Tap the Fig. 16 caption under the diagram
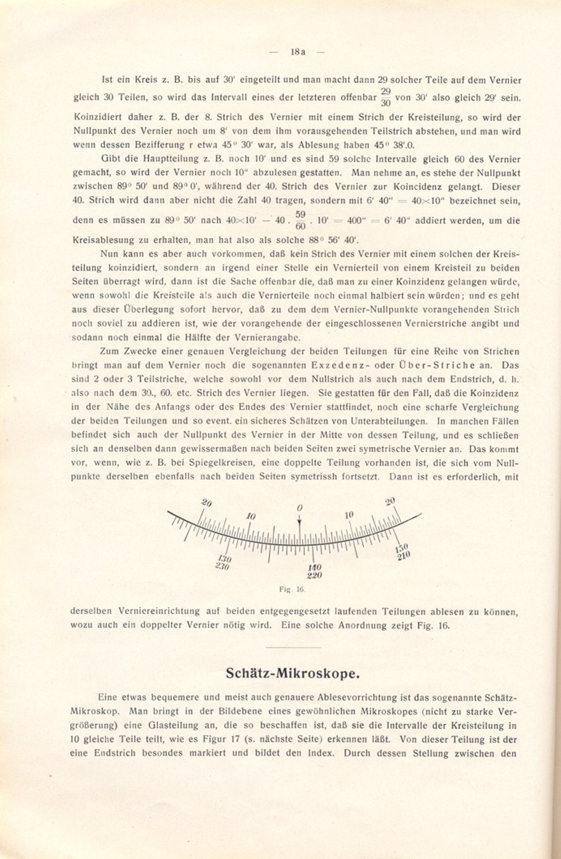tap(292, 590)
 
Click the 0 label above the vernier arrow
tap(300, 508)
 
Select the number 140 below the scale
tap(314, 568)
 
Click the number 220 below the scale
tap(314, 575)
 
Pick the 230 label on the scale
tap(222, 566)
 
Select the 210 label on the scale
tap(404, 555)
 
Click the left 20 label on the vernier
tap(207, 503)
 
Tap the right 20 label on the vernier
tap(390, 502)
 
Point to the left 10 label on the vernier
tap(251, 516)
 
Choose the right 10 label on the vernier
tap(349, 515)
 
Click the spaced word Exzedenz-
tap(340, 365)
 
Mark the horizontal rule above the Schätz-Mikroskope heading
tap(293, 647)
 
